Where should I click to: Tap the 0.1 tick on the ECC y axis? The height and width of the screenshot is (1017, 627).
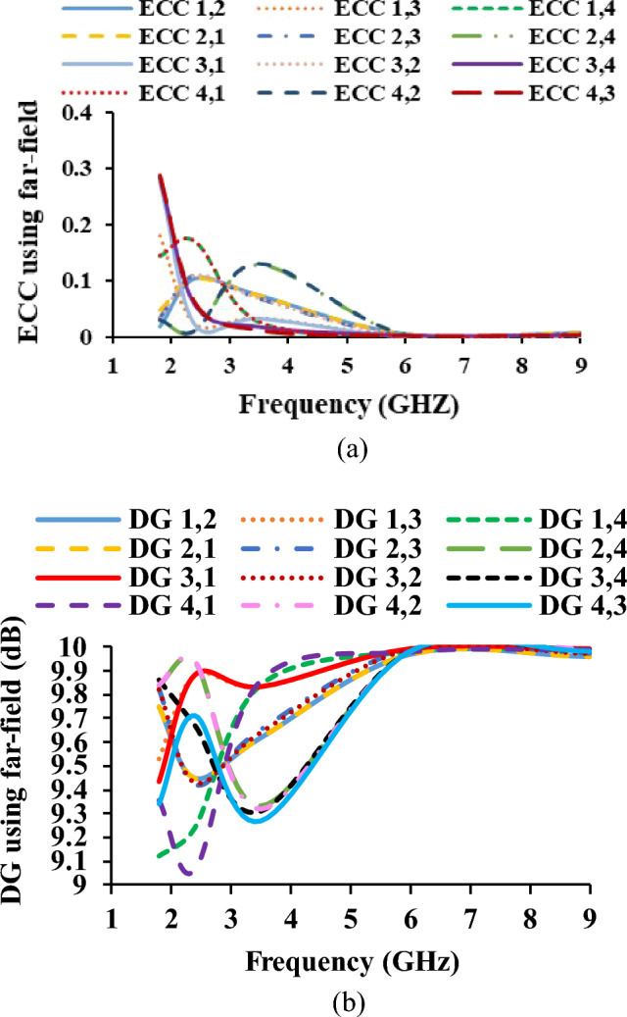86,281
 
